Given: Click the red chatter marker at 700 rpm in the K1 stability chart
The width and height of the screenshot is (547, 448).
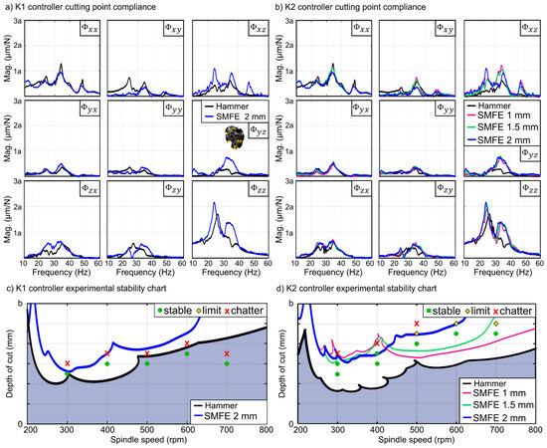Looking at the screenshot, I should point(227,353).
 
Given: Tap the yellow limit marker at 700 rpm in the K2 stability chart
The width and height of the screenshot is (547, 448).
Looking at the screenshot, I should point(495,324).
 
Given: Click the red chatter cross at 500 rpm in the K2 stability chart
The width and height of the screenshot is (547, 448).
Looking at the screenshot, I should point(417,324).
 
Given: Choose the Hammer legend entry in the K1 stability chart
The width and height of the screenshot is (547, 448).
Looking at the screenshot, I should point(215,406).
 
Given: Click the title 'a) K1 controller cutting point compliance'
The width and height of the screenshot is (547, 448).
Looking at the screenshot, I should point(92,8).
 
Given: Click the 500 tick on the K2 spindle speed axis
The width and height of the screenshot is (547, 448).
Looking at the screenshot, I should point(417,429).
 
